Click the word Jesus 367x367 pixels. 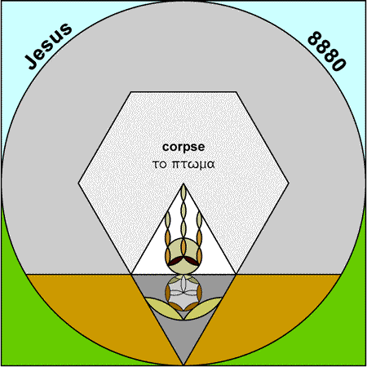coord(48,46)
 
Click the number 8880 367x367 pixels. coord(327,51)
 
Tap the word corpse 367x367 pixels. coord(183,148)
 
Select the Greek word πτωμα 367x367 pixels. coord(193,164)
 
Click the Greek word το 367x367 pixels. coord(159,165)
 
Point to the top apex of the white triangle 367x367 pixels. coord(183,183)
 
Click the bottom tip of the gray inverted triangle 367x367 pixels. coord(183,365)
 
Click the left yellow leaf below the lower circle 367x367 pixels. coord(164,308)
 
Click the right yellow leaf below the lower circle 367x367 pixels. coord(203,308)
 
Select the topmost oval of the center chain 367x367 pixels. coord(183,192)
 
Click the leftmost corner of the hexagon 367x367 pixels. coord(78,183)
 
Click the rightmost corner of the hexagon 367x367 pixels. coord(289,183)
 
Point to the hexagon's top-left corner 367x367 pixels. coord(131,92)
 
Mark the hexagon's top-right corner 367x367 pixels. coord(236,92)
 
